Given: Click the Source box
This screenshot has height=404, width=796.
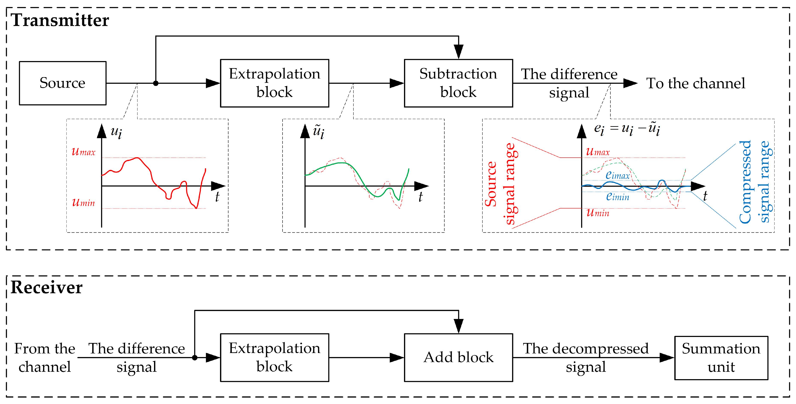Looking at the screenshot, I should pyautogui.click(x=63, y=83).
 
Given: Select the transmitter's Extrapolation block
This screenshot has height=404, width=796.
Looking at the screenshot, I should pyautogui.click(x=274, y=83).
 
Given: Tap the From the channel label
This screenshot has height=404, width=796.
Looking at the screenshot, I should pyautogui.click(x=45, y=358).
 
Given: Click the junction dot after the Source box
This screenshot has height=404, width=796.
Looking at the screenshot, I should pyautogui.click(x=156, y=83).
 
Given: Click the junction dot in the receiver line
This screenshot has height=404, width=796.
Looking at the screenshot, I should pyautogui.click(x=195, y=358).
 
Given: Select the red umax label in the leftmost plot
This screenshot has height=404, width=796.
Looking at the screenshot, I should pyautogui.click(x=83, y=152).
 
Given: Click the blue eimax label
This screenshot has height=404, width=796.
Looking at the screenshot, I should pyautogui.click(x=617, y=175).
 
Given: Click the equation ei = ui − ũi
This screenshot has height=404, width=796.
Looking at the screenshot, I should pyautogui.click(x=627, y=129).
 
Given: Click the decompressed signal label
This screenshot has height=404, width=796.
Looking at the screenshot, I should pyautogui.click(x=586, y=358).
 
